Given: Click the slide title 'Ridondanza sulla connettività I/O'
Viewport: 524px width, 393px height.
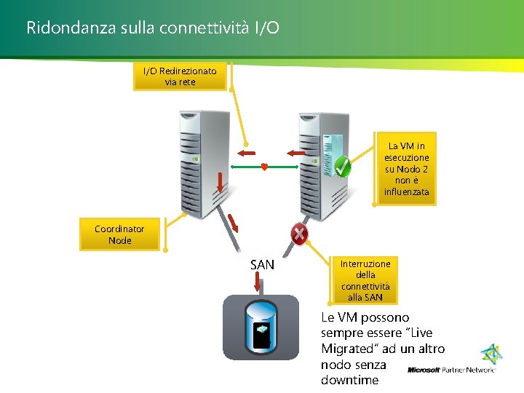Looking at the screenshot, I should click(152, 28).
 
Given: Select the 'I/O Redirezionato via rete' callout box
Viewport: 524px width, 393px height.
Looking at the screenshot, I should click(180, 76).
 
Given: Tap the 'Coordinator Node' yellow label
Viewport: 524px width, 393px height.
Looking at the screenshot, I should click(119, 234).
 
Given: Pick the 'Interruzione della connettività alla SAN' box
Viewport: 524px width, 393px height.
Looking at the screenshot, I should click(365, 280).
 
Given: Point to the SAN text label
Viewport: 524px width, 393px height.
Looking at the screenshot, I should click(262, 265).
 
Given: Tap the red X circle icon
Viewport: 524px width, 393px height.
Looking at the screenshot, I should click(298, 234).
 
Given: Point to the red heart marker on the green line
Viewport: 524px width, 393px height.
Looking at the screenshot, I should click(264, 167).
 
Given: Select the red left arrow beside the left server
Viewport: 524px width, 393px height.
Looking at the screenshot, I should click(245, 153).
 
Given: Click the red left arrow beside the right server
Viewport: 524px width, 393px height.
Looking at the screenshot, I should click(295, 153).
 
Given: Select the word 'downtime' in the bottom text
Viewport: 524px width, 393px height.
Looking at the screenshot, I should click(349, 380).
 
